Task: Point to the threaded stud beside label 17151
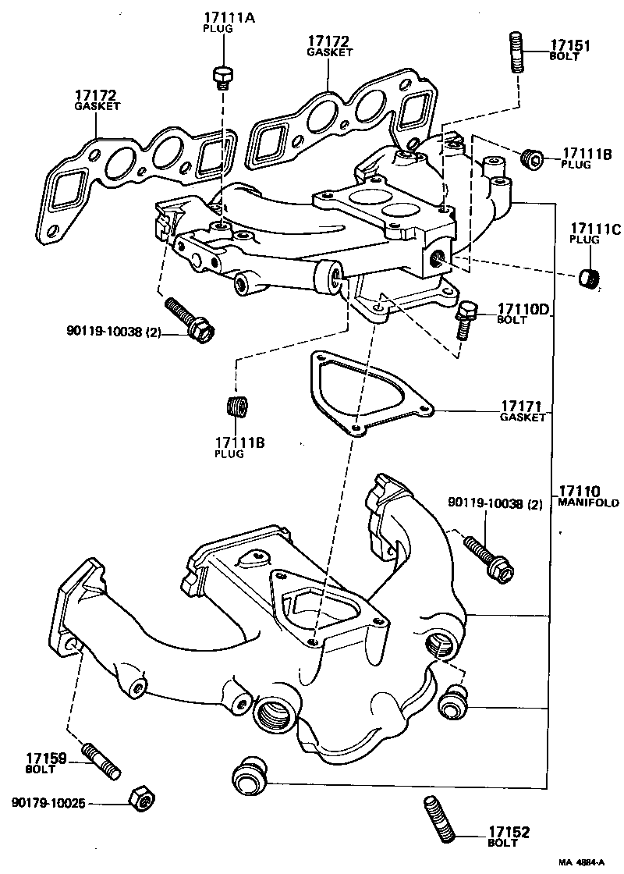tap(516, 52)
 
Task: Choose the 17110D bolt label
tap(525, 310)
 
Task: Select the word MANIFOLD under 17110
tap(588, 503)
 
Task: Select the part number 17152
tap(509, 833)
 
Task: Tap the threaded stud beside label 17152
tap(438, 818)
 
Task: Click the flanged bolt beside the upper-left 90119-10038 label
tap(190, 319)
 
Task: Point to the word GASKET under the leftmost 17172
tap(97, 105)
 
